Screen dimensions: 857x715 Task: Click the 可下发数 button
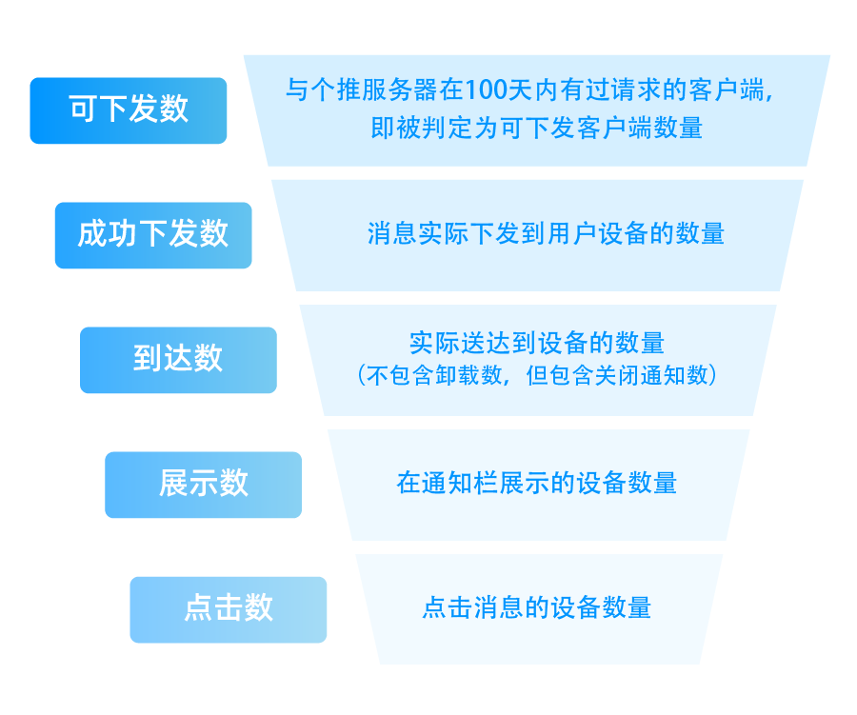coord(129,111)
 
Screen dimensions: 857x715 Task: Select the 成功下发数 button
coord(153,235)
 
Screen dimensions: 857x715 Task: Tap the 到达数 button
coord(178,360)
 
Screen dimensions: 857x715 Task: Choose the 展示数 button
coord(204,485)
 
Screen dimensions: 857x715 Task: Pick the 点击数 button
coord(229,609)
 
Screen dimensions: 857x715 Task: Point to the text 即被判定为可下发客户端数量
coord(537,128)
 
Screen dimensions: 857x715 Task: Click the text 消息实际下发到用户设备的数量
coord(546,233)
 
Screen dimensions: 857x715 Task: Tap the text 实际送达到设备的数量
coord(537,343)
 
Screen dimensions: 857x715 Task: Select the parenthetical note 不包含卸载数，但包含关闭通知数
coord(537,375)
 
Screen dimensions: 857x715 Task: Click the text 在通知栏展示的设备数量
coord(537,483)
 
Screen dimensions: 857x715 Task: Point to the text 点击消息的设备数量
coord(537,607)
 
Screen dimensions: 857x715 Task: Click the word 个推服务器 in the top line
coord(374,89)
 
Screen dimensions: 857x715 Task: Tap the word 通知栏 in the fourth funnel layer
coord(460,483)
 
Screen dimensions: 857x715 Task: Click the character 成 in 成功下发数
coord(92,234)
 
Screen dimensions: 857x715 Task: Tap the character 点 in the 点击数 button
coord(199,607)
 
